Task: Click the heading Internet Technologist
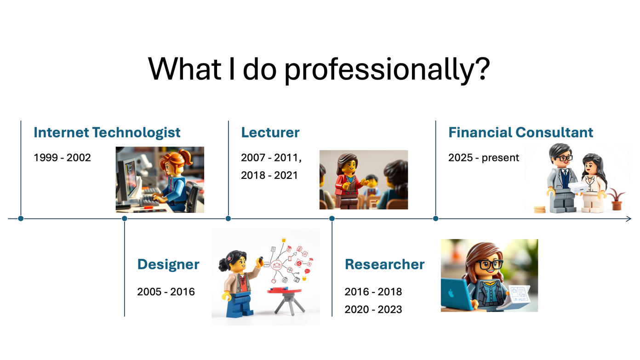[x=107, y=132]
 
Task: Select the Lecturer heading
[x=270, y=132]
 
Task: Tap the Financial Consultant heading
[x=520, y=132]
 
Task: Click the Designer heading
[x=168, y=264]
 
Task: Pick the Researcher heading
[x=384, y=264]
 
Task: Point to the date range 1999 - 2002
[x=62, y=158]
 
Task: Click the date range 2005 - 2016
[x=166, y=292]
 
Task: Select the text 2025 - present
[x=483, y=158]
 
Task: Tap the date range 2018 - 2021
[x=269, y=176]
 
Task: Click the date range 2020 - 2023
[x=373, y=309]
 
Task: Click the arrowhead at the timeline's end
[x=629, y=219]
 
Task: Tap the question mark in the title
[x=483, y=69]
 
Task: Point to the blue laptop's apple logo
[x=451, y=293]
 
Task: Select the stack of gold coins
[x=540, y=210]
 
